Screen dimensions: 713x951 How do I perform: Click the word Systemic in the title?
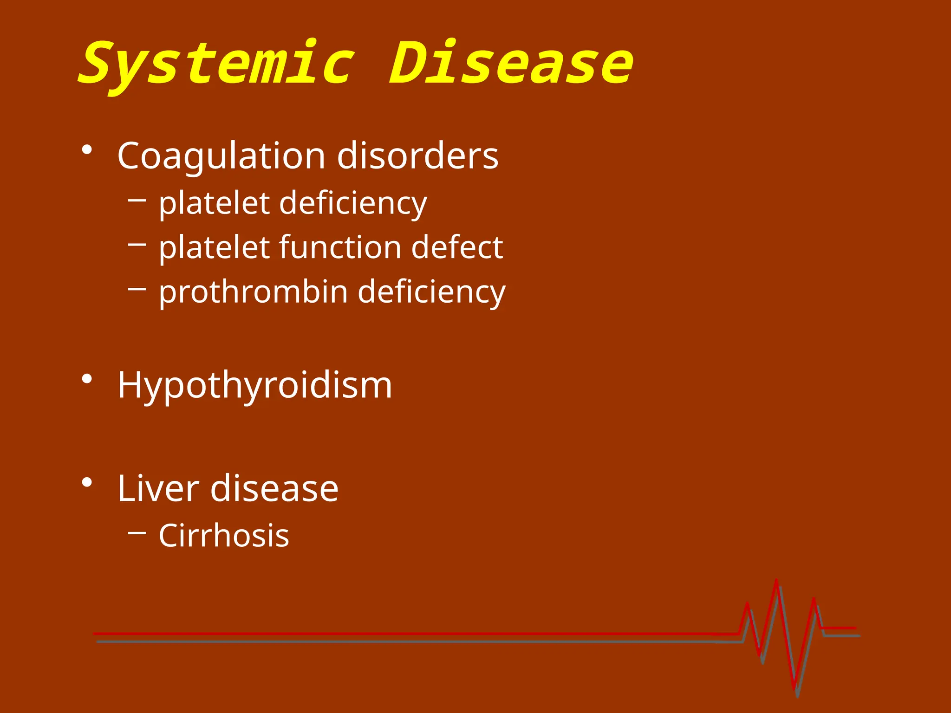[217, 64]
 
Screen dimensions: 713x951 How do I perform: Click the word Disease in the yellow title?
[511, 63]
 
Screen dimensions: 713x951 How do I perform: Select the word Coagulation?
[221, 156]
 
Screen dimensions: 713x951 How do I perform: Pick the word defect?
[457, 247]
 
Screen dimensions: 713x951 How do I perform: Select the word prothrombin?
[253, 292]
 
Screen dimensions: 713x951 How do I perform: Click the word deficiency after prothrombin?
[431, 292]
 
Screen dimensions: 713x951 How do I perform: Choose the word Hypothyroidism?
[254, 386]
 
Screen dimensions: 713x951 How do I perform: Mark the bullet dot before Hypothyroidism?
[86, 379]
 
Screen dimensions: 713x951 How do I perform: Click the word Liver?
[158, 488]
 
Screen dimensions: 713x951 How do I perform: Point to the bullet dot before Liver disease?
[86, 483]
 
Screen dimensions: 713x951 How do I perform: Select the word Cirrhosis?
[224, 536]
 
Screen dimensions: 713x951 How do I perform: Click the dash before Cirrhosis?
[137, 532]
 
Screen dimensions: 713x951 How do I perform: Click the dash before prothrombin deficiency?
[137, 289]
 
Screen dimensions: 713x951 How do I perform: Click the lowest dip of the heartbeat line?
[795, 688]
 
